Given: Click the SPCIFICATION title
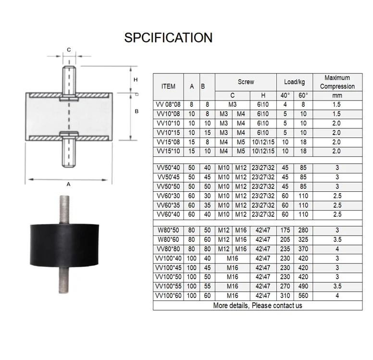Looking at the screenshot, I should [168, 38].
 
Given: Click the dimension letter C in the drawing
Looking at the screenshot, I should [69, 50].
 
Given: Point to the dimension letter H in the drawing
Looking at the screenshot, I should [136, 79].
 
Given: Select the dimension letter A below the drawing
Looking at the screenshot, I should [68, 184].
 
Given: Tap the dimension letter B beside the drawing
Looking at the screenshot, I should [136, 112].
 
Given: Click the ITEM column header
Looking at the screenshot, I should [168, 87].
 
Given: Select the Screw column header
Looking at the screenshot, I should [246, 82].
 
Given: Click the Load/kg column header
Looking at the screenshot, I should [294, 82].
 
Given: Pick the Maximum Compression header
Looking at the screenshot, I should [337, 82].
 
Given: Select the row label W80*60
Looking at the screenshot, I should [168, 239].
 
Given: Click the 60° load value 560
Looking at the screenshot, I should [303, 296].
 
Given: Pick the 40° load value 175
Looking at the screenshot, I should [286, 230].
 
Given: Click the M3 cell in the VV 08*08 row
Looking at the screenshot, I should [232, 104].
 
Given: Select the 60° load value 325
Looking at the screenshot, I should [303, 239].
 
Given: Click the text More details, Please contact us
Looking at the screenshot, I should [258, 305].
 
